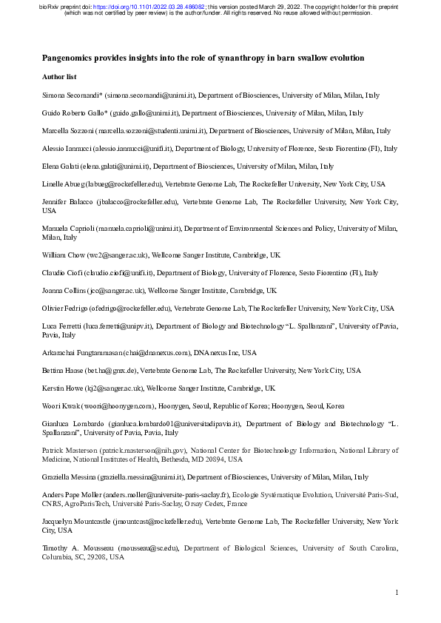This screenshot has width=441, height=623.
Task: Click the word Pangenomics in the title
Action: coord(67,58)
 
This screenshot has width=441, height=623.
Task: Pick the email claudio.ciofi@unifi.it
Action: coord(119,272)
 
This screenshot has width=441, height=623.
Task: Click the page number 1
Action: coord(397,593)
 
